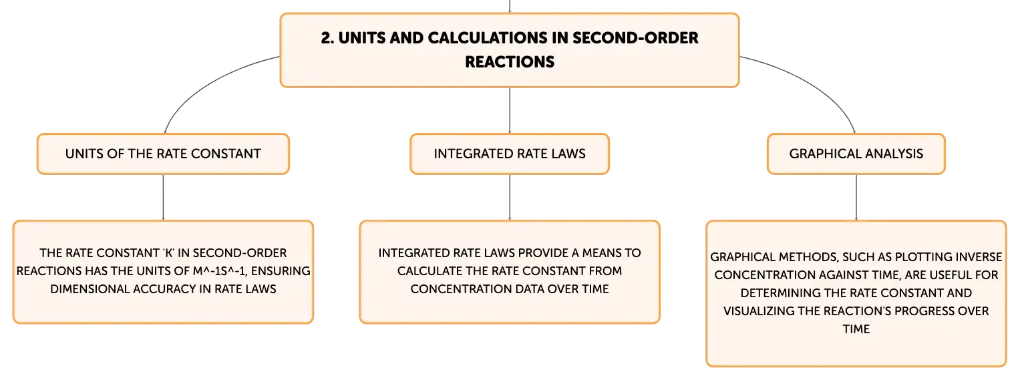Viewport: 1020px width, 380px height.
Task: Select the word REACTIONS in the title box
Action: click(510, 62)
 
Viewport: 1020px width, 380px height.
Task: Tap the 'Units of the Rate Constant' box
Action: click(163, 154)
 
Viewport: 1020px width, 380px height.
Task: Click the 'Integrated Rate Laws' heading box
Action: click(510, 154)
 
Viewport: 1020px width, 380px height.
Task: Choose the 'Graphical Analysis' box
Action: click(856, 154)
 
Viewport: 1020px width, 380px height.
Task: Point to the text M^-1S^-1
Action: click(220, 271)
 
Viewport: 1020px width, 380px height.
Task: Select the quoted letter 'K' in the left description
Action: click(166, 253)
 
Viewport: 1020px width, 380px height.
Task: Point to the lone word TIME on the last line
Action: click(856, 329)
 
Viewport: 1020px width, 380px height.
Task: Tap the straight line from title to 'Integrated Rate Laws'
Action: click(510, 110)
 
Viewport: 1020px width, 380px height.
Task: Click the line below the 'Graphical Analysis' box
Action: click(856, 198)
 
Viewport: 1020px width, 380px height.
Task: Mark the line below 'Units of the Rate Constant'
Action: click(163, 198)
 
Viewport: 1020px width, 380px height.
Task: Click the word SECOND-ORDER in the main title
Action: click(635, 38)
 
